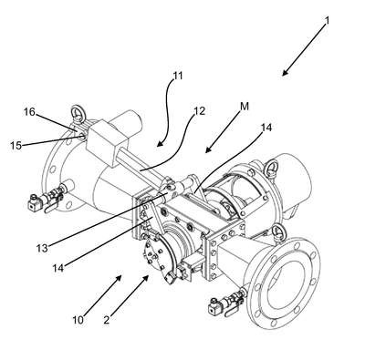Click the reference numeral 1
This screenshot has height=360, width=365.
[327, 20]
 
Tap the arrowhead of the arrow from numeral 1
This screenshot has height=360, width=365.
[285, 73]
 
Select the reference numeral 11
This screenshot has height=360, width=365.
[177, 76]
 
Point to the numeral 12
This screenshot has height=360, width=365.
[199, 111]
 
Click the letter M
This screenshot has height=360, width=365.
[245, 107]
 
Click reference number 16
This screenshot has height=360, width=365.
[29, 112]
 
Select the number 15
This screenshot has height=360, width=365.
[16, 146]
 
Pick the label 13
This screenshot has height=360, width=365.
[42, 248]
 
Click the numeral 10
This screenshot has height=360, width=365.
[78, 320]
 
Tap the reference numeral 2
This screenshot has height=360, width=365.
[106, 320]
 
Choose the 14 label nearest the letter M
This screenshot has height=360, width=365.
[266, 128]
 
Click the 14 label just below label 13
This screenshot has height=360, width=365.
[58, 268]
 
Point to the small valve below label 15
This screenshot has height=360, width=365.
[46, 198]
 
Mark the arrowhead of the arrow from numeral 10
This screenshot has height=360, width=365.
[119, 277]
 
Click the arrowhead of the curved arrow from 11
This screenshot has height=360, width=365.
[160, 144]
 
